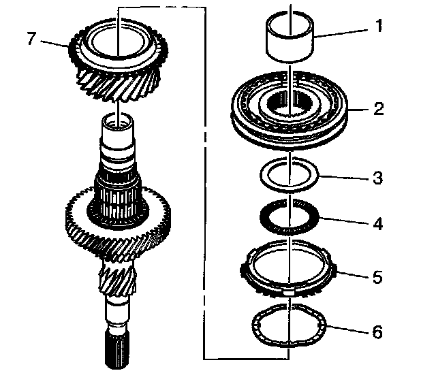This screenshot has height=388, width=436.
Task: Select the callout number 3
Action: (x=377, y=179)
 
